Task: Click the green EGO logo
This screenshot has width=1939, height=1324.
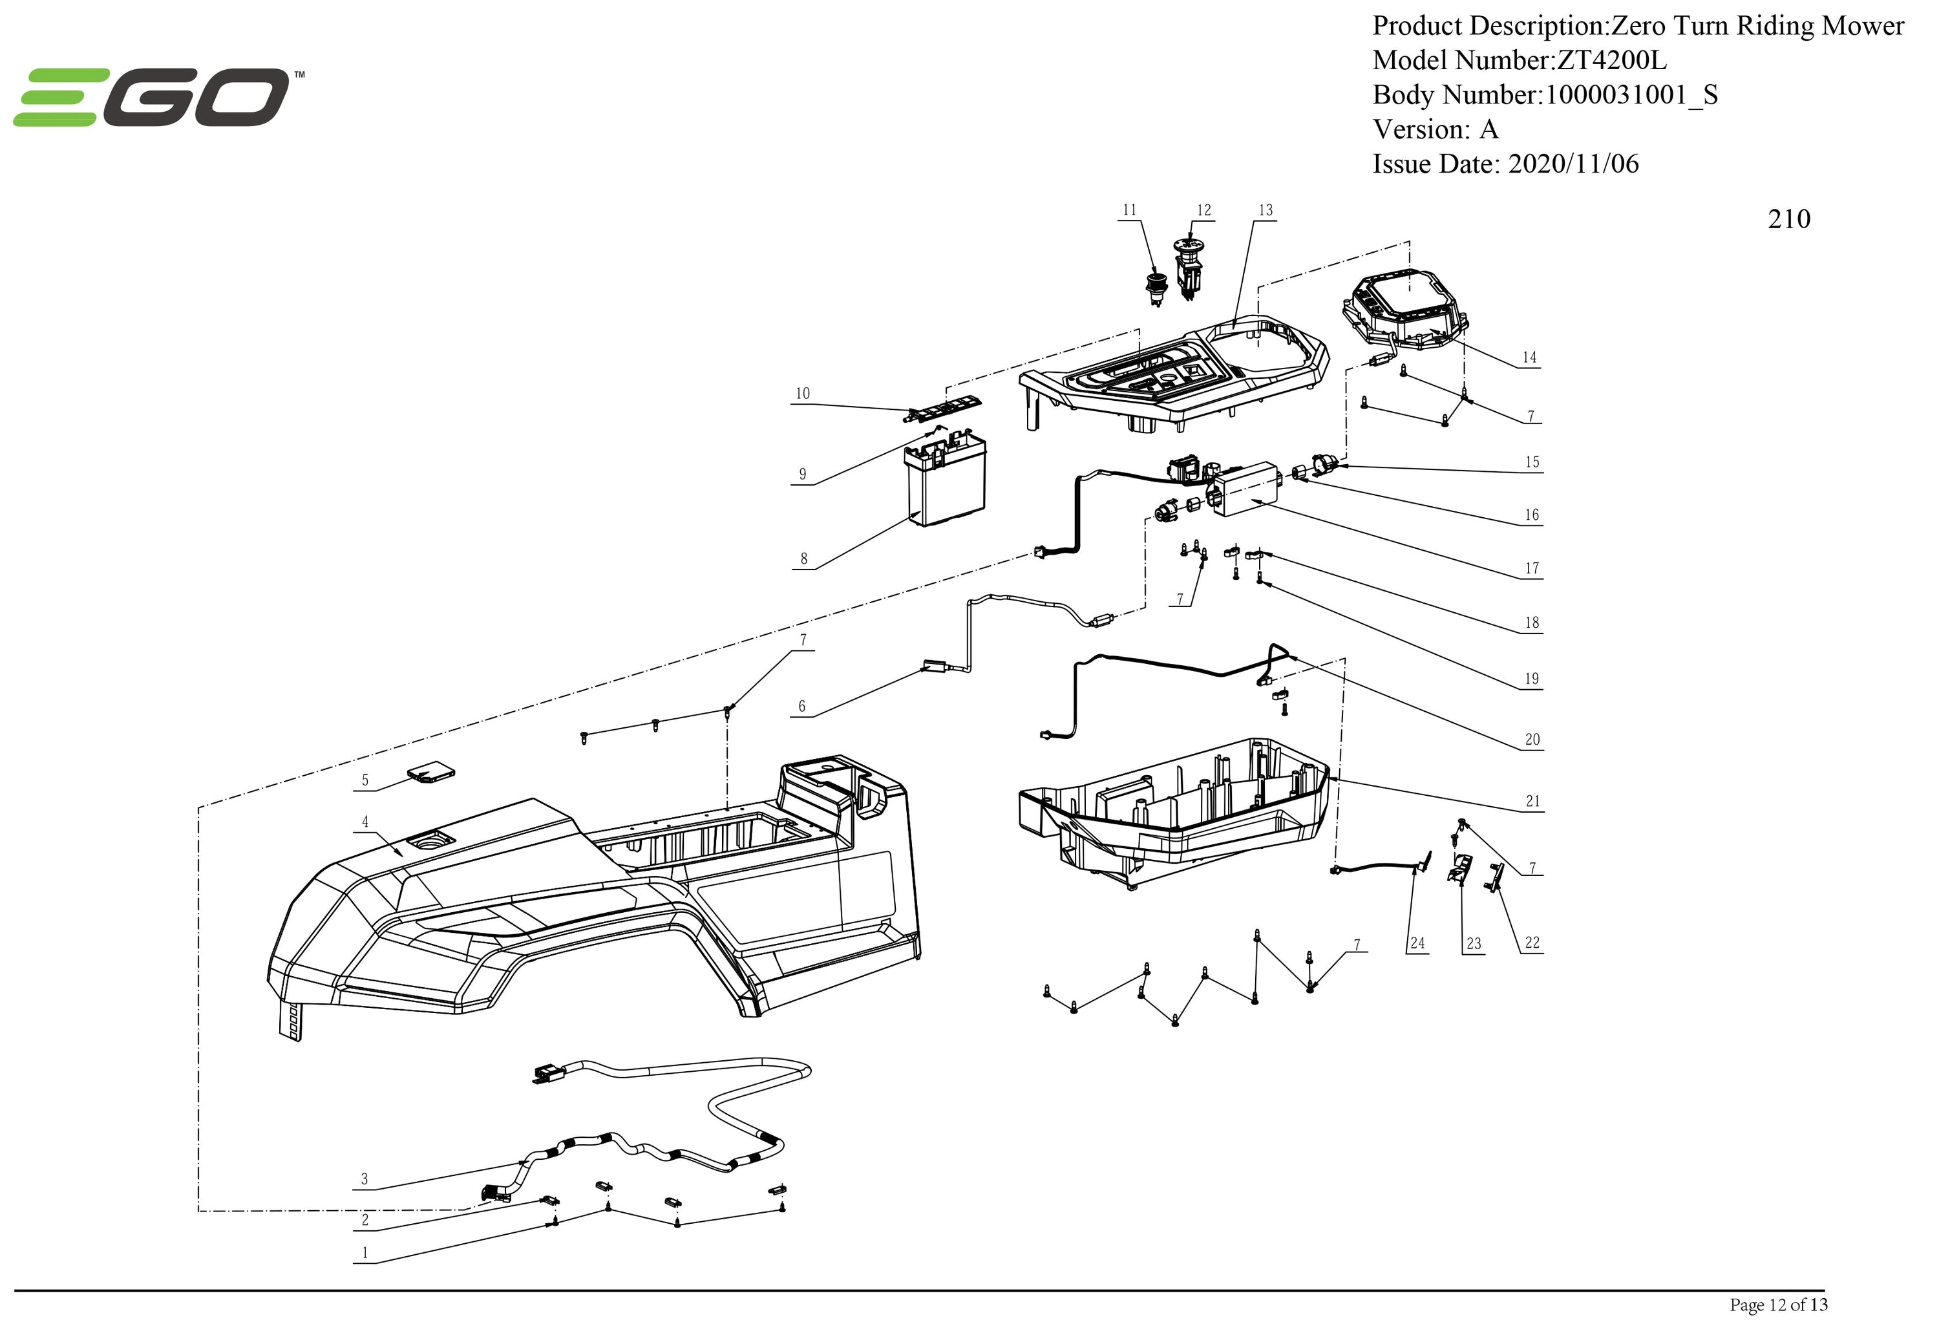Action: pyautogui.click(x=158, y=98)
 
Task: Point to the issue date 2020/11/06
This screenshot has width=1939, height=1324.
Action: pyautogui.click(x=1573, y=164)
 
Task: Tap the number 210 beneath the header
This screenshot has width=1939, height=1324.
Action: pyautogui.click(x=1788, y=219)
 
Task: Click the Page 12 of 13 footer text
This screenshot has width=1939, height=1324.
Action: pyautogui.click(x=1778, y=1304)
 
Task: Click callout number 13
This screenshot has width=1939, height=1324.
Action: pyautogui.click(x=1266, y=210)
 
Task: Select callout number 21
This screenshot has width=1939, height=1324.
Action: pyautogui.click(x=1532, y=801)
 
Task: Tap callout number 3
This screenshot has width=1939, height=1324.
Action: pyautogui.click(x=364, y=1179)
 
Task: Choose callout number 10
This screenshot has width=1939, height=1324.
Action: pyautogui.click(x=803, y=394)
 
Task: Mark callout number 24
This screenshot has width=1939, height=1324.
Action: pyautogui.click(x=1417, y=944)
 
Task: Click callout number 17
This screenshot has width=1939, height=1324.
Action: pyautogui.click(x=1532, y=568)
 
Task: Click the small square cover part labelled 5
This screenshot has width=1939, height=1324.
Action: pyautogui.click(x=431, y=774)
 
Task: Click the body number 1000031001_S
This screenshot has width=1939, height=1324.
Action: pyautogui.click(x=1631, y=95)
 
